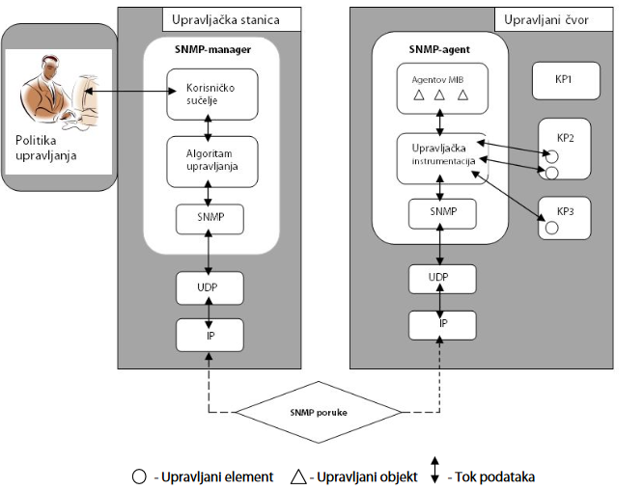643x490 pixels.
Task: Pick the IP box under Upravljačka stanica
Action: (209, 334)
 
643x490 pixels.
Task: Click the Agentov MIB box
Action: (440, 87)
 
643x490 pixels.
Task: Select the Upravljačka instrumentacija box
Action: (440, 157)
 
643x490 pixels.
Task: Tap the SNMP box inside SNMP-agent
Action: (440, 211)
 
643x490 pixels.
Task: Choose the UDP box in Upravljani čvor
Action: (440, 279)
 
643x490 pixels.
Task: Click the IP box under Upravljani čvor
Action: (441, 325)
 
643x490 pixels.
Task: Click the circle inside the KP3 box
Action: (552, 230)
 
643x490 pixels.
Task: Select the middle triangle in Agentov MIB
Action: (440, 95)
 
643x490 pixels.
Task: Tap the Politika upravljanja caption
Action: (46, 148)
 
